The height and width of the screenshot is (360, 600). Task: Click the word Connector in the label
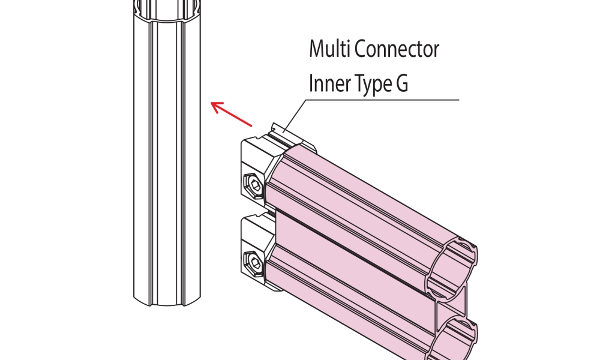click(x=397, y=49)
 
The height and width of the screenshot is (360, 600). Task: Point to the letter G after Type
click(x=401, y=84)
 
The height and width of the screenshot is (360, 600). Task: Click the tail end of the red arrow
click(x=250, y=125)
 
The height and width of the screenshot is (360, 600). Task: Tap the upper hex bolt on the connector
click(x=253, y=186)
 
